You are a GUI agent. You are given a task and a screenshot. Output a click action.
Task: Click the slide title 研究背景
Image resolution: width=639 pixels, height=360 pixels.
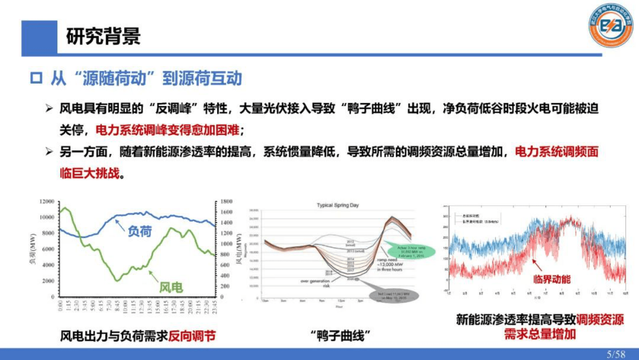[103, 36]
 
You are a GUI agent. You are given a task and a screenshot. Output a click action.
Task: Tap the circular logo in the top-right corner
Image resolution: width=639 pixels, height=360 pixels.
[610, 25]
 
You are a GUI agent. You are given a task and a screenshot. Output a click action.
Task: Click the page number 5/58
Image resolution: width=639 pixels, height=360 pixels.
[616, 354]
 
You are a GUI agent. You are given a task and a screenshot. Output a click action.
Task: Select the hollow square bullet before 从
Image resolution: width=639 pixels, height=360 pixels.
[36, 78]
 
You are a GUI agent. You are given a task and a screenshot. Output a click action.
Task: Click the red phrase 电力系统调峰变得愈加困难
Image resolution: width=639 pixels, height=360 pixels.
[168, 130]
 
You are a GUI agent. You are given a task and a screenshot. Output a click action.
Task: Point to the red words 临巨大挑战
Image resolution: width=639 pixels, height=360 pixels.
[90, 173]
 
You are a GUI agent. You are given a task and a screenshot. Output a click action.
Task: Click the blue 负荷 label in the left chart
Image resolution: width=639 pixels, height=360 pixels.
[139, 232]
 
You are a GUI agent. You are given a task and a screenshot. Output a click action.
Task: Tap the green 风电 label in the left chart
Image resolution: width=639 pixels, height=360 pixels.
[171, 287]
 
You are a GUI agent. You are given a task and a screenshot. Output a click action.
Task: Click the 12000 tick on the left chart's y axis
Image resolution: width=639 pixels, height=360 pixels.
[47, 201]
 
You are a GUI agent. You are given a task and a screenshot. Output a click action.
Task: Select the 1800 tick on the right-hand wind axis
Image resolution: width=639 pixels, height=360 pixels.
[226, 201]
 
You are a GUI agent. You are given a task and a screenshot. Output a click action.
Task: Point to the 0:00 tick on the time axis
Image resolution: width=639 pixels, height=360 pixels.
[60, 306]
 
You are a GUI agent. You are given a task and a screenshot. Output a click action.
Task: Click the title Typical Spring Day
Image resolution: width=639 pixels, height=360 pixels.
[337, 205]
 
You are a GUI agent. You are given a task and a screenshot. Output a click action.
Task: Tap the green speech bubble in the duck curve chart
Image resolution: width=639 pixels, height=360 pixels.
[411, 252]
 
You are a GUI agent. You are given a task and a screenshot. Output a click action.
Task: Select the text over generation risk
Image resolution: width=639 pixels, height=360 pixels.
[315, 283]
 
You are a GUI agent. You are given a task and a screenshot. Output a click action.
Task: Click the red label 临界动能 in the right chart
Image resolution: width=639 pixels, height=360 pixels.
[552, 279]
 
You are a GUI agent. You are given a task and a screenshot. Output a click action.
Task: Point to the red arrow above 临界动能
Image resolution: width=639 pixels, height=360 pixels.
[537, 265]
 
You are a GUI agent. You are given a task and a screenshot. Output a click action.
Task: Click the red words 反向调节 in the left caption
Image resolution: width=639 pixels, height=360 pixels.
[192, 336]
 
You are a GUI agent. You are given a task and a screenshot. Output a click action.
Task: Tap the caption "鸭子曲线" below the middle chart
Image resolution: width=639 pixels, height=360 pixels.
[340, 336]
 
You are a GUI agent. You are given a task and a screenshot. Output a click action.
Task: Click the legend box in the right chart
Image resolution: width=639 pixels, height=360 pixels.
[478, 219]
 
